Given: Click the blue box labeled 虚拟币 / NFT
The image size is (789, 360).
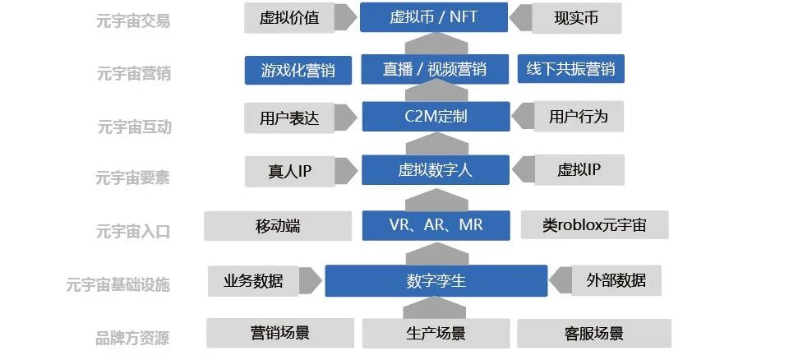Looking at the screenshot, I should pyautogui.click(x=435, y=17).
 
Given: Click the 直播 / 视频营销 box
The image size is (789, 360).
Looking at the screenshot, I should pyautogui.click(x=435, y=69).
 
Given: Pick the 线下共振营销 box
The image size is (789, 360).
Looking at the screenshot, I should pyautogui.click(x=570, y=69).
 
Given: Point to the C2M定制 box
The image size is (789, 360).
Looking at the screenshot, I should pyautogui.click(x=436, y=117).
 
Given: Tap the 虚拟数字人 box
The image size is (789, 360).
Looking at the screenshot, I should pyautogui.click(x=436, y=170).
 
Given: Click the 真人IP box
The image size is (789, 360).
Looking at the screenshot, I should pyautogui.click(x=289, y=171).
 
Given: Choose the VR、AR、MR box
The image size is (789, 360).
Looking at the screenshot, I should pyautogui.click(x=436, y=225).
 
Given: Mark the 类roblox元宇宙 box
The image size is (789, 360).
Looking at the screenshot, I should pyautogui.click(x=594, y=225).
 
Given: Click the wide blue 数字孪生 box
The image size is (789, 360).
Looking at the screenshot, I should pyautogui.click(x=436, y=280).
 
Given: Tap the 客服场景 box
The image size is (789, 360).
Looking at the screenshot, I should pyautogui.click(x=593, y=333).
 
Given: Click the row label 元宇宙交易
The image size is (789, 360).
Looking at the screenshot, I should pyautogui.click(x=133, y=21).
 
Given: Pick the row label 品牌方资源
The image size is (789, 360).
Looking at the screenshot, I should pyautogui.click(x=132, y=337).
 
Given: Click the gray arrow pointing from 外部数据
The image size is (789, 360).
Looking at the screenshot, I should pyautogui.click(x=561, y=280).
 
